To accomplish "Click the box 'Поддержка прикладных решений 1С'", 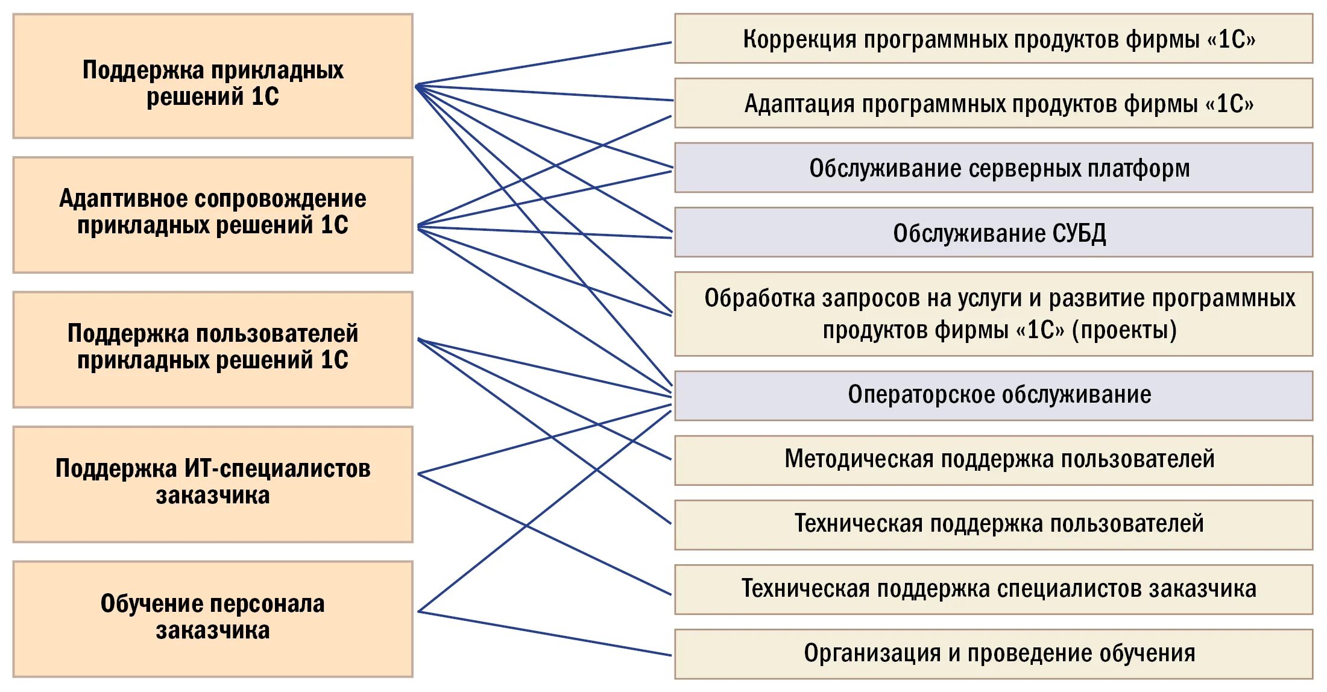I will coord(213,77).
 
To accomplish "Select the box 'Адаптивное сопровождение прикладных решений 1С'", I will coord(213,215).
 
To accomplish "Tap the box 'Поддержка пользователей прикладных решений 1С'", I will coord(213,350).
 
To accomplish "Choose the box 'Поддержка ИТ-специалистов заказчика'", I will coord(213,485).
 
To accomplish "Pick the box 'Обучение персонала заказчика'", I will coord(213,619).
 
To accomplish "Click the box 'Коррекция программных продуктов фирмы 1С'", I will coord(993,39).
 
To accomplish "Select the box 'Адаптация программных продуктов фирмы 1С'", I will coord(993,103).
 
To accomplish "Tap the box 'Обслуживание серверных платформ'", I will coord(993,168).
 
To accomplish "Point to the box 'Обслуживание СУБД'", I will coord(993,233).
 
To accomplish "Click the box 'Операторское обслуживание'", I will coord(993,395).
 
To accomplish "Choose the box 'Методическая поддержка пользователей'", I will coord(993,460).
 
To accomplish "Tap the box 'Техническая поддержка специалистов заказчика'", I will coord(993,589).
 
